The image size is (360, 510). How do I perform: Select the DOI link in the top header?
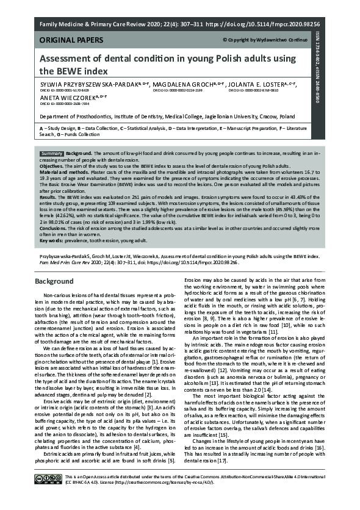(x=280, y=26)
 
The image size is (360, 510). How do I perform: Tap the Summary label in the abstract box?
(x=52, y=153)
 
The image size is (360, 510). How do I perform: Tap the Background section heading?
(x=54, y=283)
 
